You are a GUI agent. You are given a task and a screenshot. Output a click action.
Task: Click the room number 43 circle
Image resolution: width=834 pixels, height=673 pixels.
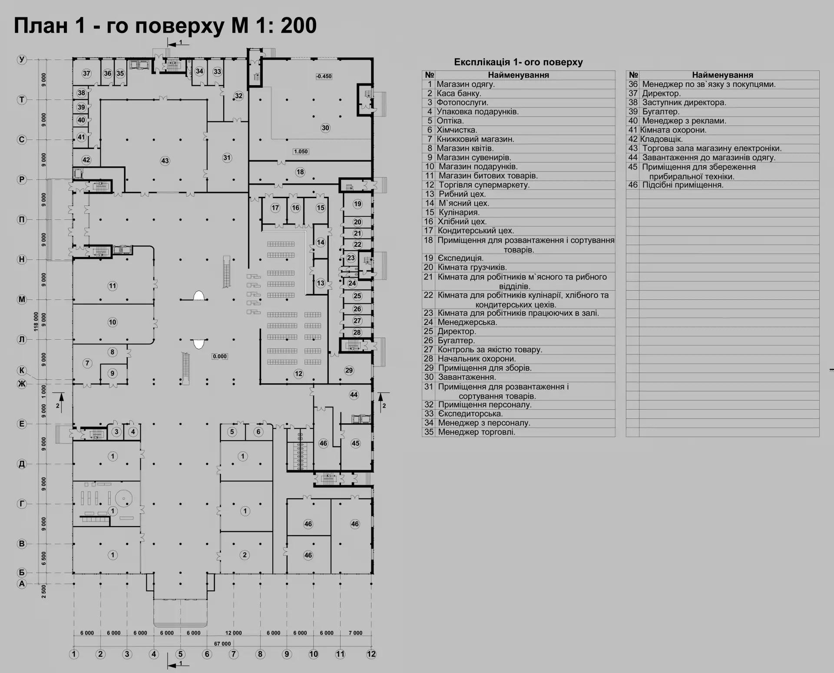point(165,161)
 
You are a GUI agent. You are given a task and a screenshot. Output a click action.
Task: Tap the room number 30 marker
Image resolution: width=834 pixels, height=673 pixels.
point(325,128)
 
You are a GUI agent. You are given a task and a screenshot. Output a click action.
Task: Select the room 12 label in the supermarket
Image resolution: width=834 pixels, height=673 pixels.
point(298,374)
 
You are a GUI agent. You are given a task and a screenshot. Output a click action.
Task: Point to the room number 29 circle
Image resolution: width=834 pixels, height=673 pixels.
point(349,370)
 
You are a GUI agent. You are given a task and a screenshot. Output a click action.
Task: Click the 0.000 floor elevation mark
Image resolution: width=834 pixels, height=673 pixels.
point(220,356)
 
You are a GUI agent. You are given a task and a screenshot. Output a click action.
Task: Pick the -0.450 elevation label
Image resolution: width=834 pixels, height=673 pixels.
point(324,76)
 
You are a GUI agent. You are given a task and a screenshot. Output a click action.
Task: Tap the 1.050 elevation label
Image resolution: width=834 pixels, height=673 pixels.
point(301,152)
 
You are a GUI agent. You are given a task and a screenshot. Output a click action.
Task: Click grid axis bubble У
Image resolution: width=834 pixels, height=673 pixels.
point(22,60)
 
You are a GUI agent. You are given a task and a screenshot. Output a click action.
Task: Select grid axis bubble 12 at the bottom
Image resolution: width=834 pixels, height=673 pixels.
point(371,654)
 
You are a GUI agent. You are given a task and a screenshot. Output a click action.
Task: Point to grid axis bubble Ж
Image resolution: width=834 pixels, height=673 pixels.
point(22,384)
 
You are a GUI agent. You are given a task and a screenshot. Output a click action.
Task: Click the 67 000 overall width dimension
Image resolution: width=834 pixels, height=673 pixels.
point(223,643)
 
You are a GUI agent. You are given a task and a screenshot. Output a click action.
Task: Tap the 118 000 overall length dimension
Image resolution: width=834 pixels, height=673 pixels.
point(36,322)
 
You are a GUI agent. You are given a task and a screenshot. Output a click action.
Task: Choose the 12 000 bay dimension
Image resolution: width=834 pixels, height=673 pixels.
point(233,633)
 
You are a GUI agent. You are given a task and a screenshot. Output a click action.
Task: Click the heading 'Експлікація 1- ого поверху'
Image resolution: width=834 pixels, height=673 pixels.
point(518,62)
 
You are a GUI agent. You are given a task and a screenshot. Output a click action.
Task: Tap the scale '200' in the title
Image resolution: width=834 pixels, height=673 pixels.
point(298,26)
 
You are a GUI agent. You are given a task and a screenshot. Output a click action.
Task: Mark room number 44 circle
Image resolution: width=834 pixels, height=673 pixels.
point(354,395)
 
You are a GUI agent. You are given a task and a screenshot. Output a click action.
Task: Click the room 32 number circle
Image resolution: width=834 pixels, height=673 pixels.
point(238,96)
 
